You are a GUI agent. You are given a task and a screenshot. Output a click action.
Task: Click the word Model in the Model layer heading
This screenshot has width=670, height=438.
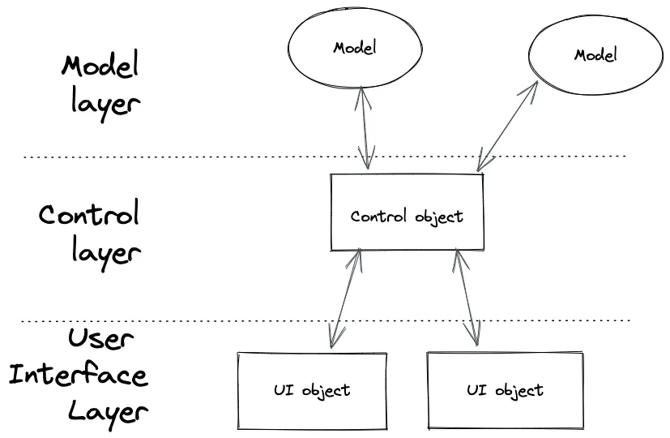click(x=100, y=67)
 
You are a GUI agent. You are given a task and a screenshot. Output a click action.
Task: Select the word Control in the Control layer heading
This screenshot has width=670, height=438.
click(x=89, y=215)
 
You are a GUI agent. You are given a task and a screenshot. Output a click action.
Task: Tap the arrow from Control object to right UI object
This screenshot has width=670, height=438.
click(x=466, y=298)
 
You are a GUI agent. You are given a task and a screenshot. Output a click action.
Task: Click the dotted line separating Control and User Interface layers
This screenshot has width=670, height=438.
click(x=203, y=322)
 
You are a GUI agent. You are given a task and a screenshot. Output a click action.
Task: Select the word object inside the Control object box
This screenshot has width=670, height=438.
click(x=437, y=217)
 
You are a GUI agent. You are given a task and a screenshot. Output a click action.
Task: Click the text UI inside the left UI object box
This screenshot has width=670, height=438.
click(x=283, y=389)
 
